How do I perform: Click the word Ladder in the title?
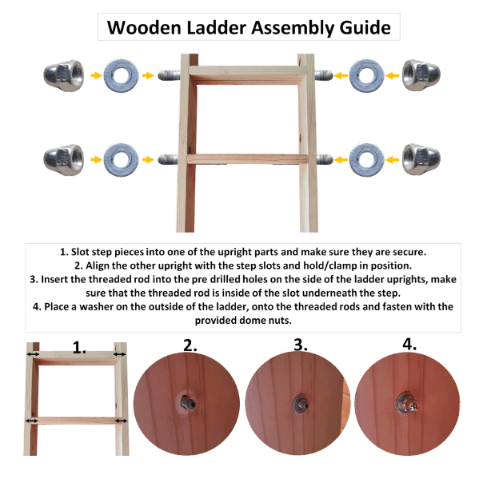click(217, 28)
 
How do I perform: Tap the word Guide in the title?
click(365, 28)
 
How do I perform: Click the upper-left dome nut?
click(64, 75)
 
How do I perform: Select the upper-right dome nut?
click(421, 75)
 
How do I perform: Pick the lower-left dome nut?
click(64, 160)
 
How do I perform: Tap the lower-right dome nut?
click(421, 159)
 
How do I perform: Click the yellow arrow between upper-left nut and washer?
click(97, 75)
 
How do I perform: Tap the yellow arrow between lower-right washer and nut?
click(392, 160)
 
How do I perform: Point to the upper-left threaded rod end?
click(169, 75)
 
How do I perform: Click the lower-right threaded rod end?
click(325, 159)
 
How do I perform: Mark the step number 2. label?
click(190, 345)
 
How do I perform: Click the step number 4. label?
click(409, 344)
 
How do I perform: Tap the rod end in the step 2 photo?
click(188, 403)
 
